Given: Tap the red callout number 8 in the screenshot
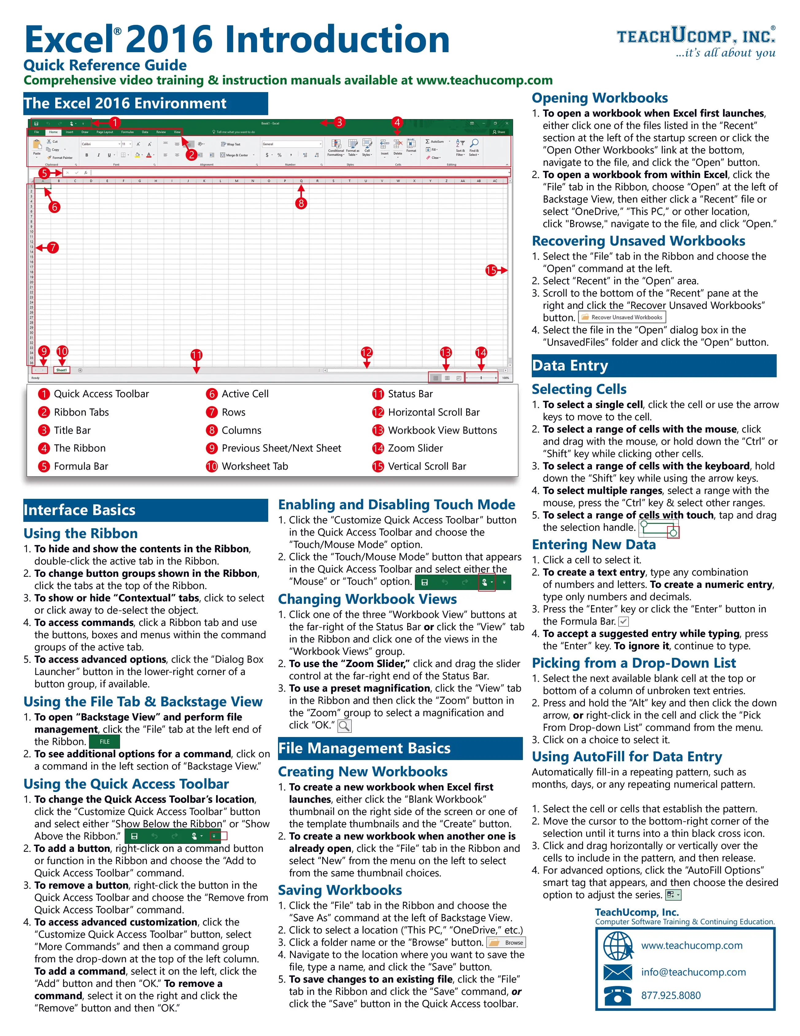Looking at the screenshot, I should click(301, 204).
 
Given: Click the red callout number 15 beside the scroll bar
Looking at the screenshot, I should click(491, 270).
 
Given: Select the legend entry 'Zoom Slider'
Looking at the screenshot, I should click(415, 448).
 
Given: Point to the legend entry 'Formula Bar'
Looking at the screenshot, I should click(81, 466).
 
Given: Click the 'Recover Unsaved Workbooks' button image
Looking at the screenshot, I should click(622, 317).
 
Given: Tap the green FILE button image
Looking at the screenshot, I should click(104, 741).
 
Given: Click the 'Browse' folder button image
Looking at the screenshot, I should click(506, 943).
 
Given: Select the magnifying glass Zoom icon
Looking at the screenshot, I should click(345, 726).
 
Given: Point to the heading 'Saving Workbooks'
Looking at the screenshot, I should click(339, 890).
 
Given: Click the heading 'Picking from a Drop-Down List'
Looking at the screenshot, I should click(634, 663).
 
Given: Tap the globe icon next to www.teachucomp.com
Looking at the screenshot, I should click(618, 945).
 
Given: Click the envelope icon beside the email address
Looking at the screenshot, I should click(618, 972).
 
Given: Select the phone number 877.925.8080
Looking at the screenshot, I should click(671, 995).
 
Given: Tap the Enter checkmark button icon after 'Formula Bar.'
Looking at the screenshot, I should click(624, 621).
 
